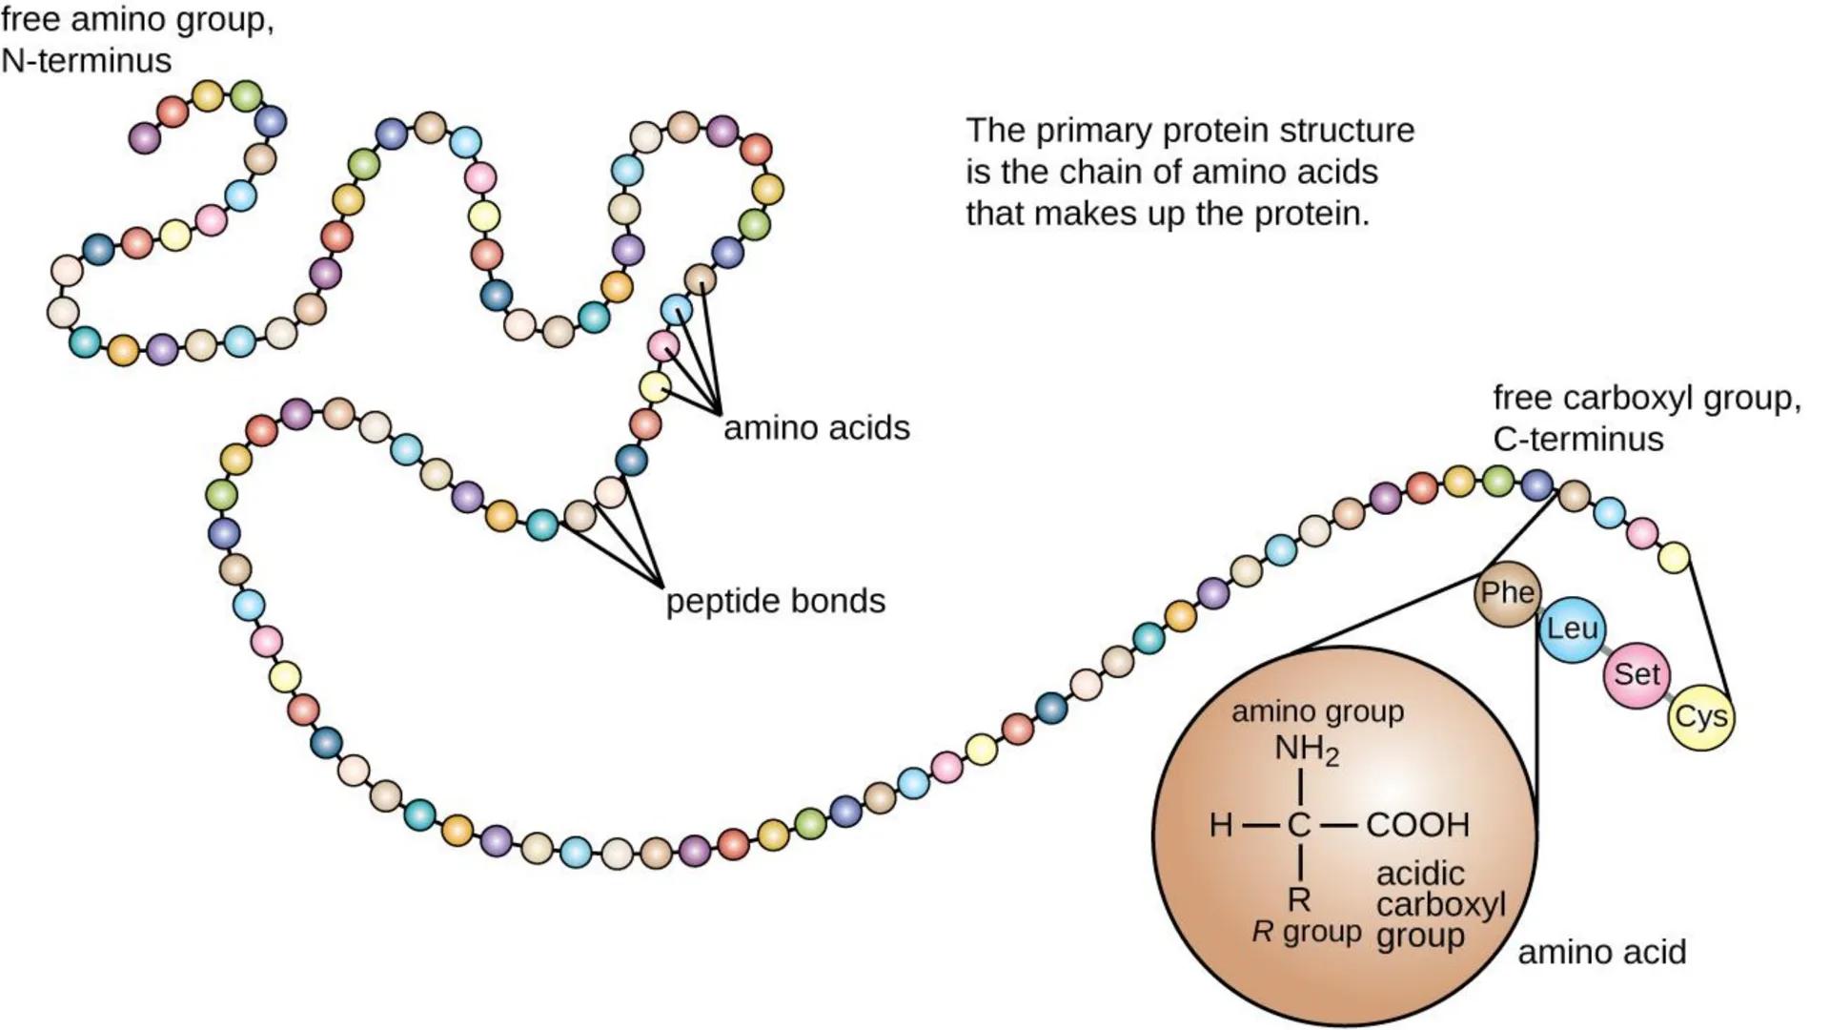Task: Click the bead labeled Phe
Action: click(x=1507, y=593)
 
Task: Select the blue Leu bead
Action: click(x=1572, y=628)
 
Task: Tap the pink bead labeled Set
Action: click(x=1637, y=674)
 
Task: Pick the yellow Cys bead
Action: click(x=1700, y=717)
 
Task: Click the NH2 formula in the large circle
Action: click(x=1307, y=751)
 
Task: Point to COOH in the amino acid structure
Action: click(x=1417, y=825)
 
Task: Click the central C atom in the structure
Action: click(x=1299, y=825)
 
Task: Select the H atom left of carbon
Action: click(x=1221, y=825)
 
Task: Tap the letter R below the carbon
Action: click(x=1299, y=899)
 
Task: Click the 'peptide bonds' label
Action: click(x=775, y=602)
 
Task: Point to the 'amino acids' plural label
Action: click(x=817, y=428)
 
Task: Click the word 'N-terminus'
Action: click(x=87, y=61)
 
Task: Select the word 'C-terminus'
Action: click(x=1577, y=440)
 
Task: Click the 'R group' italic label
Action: click(x=1306, y=932)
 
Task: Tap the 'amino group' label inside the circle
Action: click(x=1317, y=711)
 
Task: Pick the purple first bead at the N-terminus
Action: click(x=144, y=138)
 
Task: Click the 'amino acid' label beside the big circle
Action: click(x=1601, y=952)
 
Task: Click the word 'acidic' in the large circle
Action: click(x=1420, y=874)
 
